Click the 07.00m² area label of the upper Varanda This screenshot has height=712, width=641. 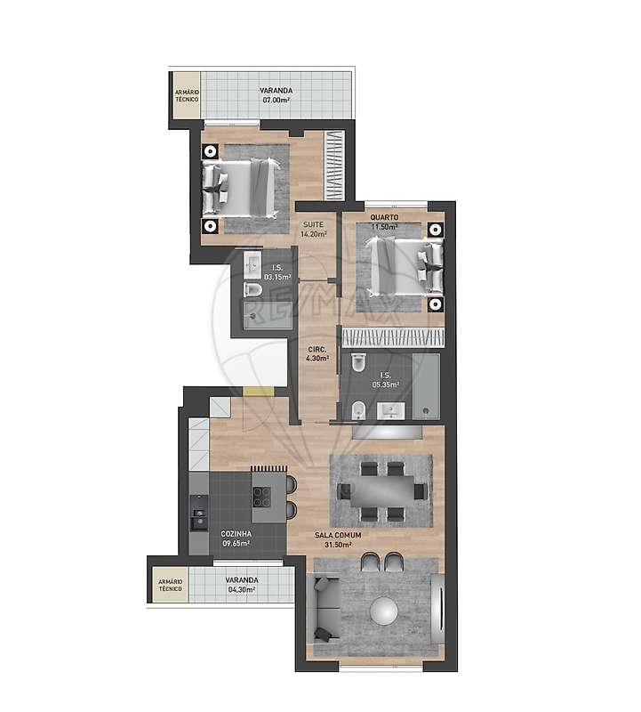(277, 101)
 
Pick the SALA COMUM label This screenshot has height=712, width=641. (333, 536)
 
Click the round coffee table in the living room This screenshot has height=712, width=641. (385, 610)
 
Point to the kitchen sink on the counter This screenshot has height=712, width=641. (197, 518)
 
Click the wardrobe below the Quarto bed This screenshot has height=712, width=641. (392, 338)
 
